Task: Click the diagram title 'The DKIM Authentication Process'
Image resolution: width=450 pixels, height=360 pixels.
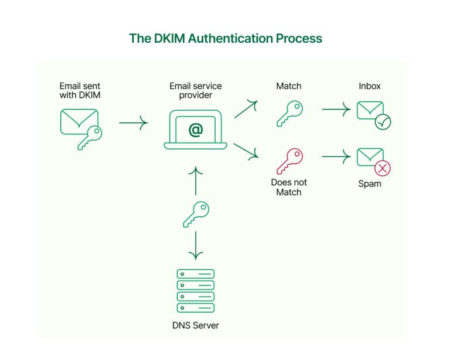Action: [x=226, y=39]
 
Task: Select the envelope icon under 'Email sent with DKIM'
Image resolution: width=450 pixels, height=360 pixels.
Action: [x=75, y=121]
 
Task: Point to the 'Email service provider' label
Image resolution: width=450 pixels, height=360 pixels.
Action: [x=195, y=90]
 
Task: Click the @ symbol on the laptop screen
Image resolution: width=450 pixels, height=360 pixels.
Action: [x=195, y=130]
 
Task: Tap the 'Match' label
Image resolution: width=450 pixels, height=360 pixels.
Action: [x=288, y=86]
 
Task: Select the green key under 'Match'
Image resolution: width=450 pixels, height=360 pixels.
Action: [x=289, y=113]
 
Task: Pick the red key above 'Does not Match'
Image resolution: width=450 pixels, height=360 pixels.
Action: [x=289, y=160]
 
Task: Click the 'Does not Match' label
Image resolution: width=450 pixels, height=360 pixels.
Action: [x=288, y=187]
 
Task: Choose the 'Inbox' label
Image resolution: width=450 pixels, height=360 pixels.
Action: [x=369, y=86]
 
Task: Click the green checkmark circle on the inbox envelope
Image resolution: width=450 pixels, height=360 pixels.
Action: [x=383, y=122]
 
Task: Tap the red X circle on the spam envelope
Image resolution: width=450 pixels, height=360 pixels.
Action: [x=383, y=169]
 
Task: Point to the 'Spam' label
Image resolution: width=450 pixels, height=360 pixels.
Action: [x=370, y=184]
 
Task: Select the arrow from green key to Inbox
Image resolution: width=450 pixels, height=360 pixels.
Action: [x=336, y=109]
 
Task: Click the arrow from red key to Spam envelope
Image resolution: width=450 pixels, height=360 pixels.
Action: [x=336, y=157]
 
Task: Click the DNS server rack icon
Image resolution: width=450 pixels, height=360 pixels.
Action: [x=196, y=290]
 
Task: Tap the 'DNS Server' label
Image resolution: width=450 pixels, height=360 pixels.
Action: [x=196, y=325]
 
